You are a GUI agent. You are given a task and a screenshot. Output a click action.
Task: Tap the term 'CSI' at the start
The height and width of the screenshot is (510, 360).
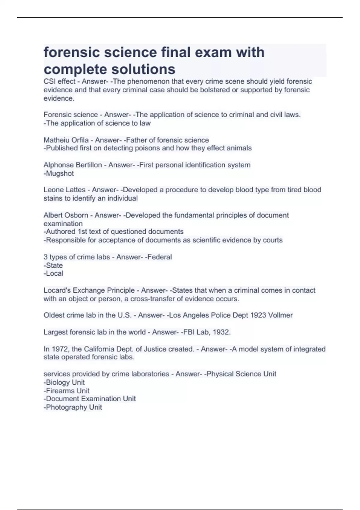click(50, 81)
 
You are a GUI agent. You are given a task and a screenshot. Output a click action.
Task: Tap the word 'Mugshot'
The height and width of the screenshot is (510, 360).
click(60, 173)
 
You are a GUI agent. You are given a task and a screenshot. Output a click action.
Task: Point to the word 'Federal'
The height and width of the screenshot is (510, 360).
click(159, 257)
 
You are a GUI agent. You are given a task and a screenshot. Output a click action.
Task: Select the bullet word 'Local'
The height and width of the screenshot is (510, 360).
click(54, 274)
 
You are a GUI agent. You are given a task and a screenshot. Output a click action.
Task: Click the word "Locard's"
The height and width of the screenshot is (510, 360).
click(57, 290)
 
